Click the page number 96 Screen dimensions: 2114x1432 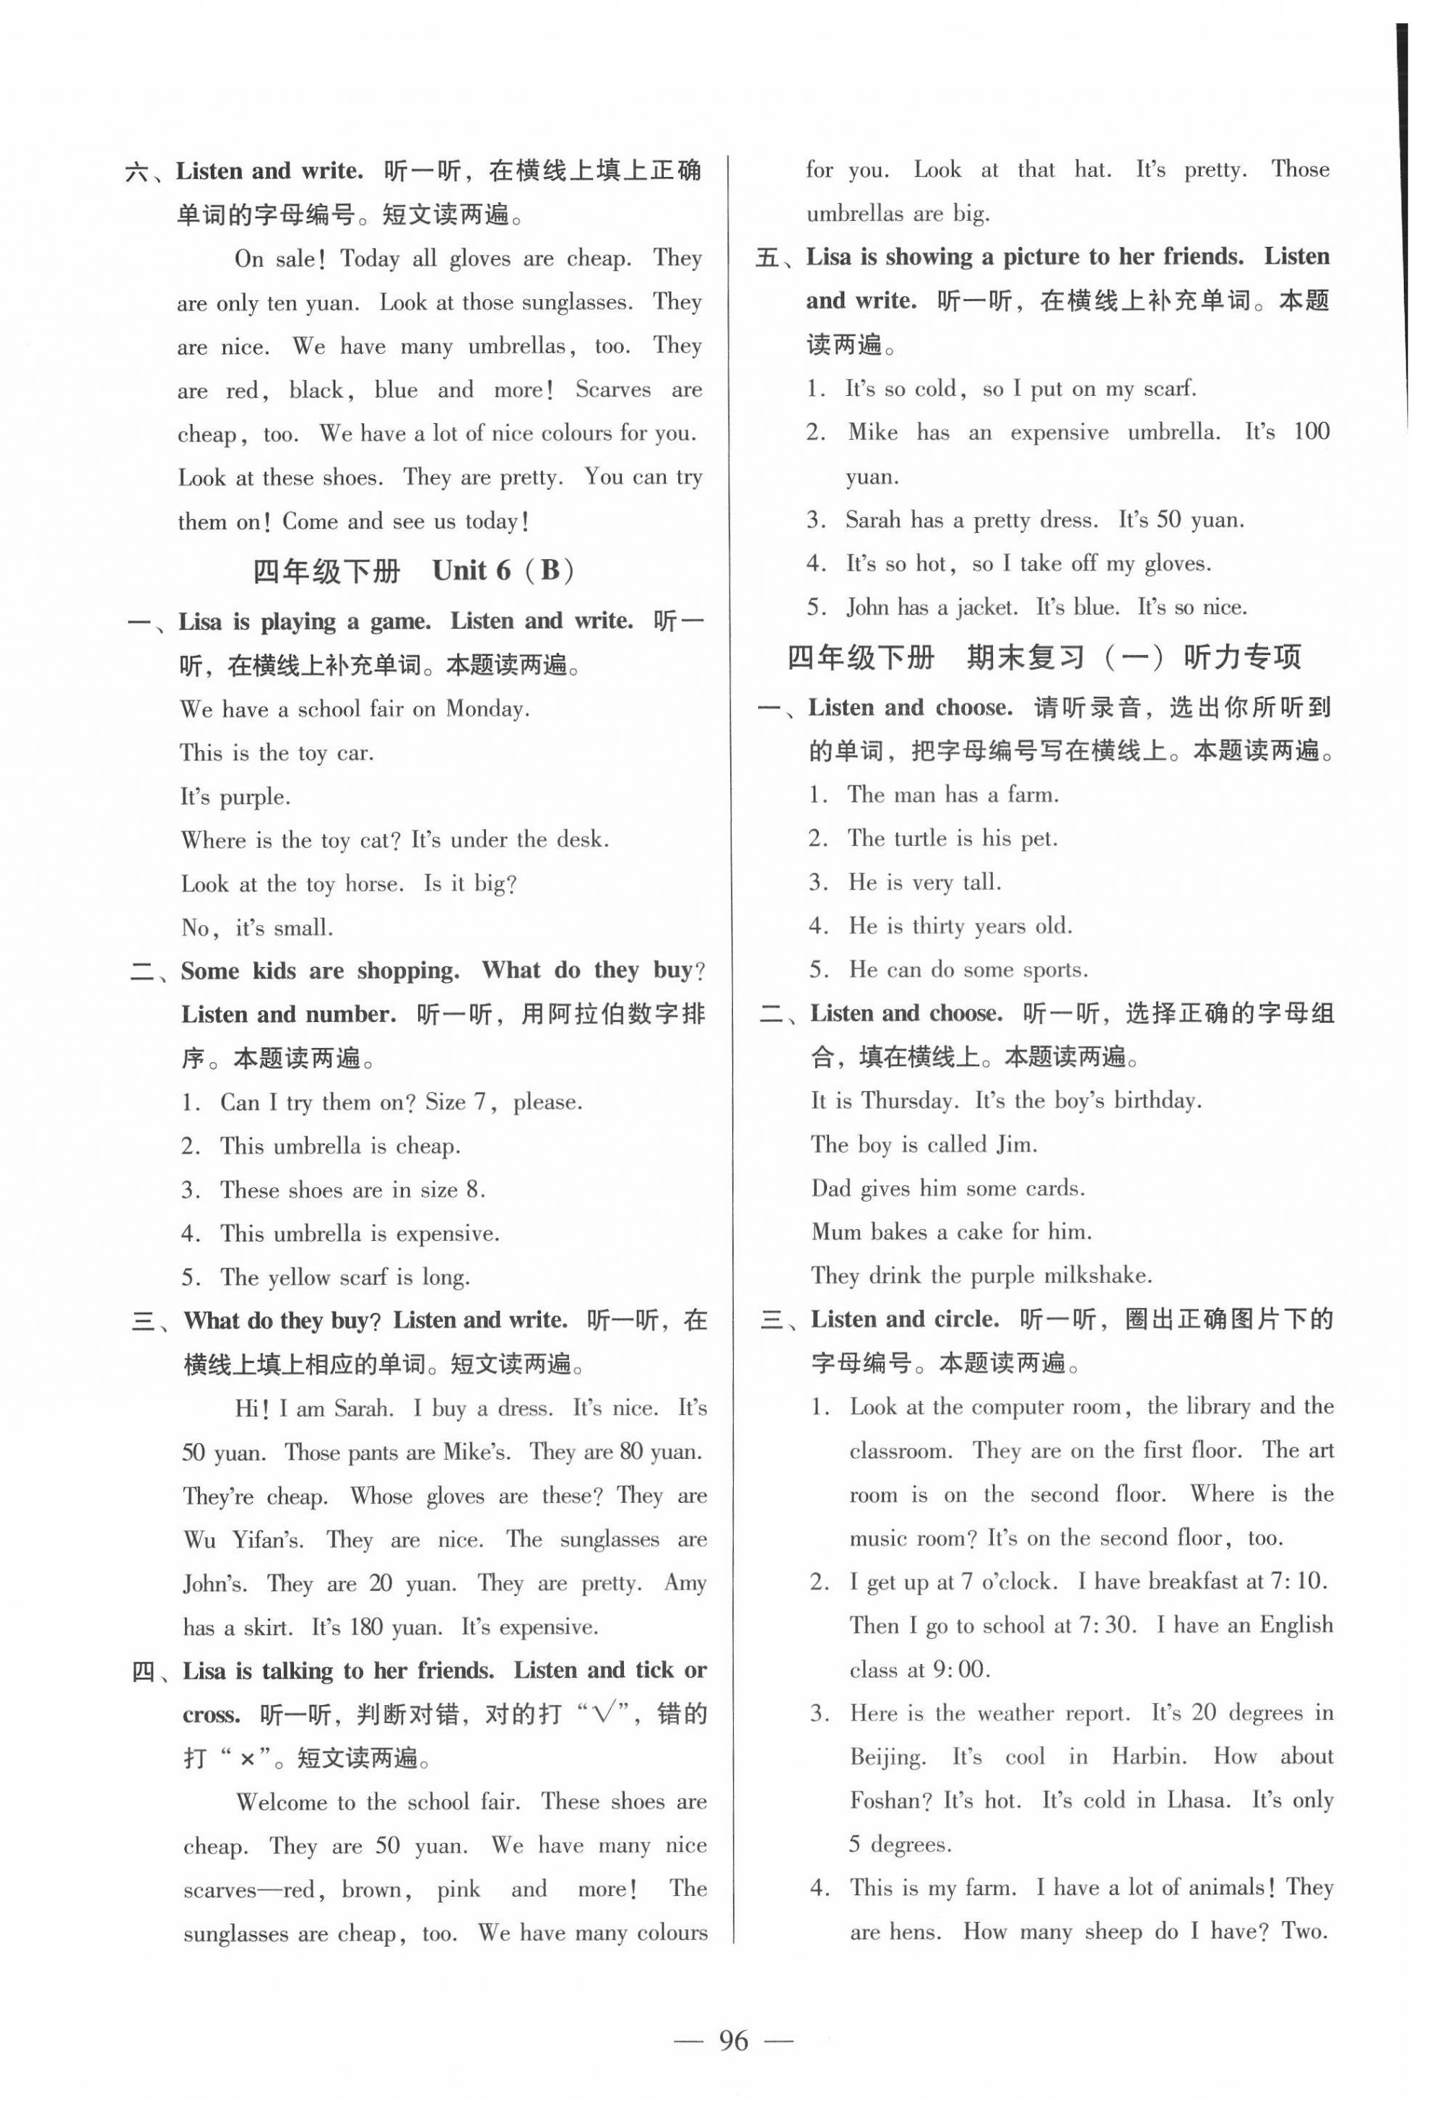pyautogui.click(x=733, y=2040)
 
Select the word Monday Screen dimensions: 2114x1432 pyautogui.click(x=487, y=709)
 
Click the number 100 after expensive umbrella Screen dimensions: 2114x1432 pyautogui.click(x=1310, y=431)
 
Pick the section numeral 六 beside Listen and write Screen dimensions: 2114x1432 pyautogui.click(x=136, y=172)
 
